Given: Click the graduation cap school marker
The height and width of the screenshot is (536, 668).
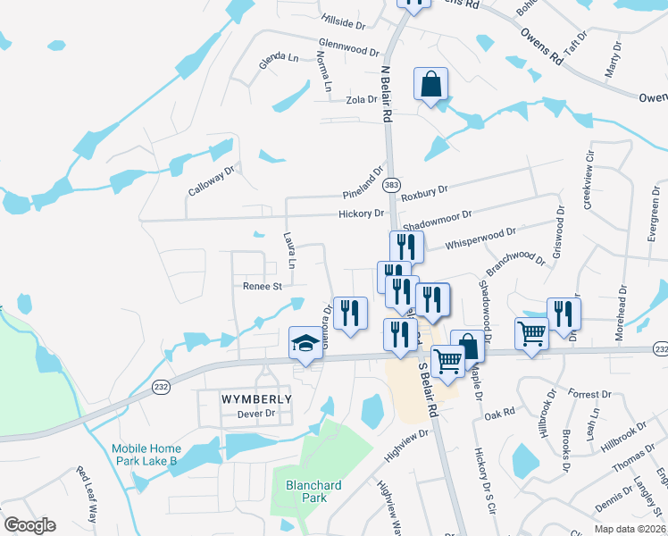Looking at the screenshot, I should pyautogui.click(x=305, y=343).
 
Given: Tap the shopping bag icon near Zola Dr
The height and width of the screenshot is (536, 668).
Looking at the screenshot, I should pyautogui.click(x=430, y=86).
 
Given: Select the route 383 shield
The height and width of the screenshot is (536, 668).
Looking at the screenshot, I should pyautogui.click(x=391, y=185).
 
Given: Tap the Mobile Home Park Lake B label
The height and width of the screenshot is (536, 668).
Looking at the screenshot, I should pyautogui.click(x=146, y=455).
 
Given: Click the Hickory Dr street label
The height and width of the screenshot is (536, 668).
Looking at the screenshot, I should pyautogui.click(x=361, y=214).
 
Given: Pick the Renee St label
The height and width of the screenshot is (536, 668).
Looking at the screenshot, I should pyautogui.click(x=263, y=287).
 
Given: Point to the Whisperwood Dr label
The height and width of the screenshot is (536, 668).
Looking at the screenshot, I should pyautogui.click(x=480, y=237).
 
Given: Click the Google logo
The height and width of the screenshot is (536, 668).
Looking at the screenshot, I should pyautogui.click(x=29, y=525).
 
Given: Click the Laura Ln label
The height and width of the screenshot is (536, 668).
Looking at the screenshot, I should pyautogui.click(x=288, y=250).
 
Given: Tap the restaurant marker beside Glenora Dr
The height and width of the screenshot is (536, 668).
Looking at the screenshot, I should pyautogui.click(x=350, y=314).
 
